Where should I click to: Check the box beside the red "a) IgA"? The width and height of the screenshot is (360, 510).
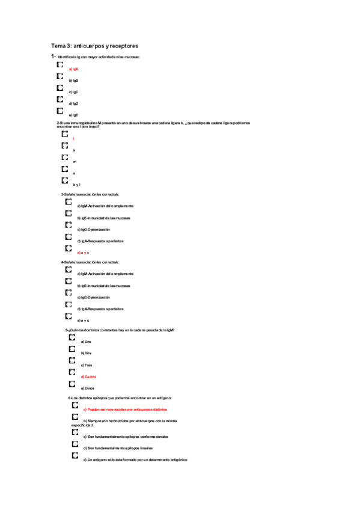point(59,64)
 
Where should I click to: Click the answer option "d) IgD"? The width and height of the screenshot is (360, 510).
point(74,103)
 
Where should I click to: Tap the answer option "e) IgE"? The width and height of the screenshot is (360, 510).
point(74,115)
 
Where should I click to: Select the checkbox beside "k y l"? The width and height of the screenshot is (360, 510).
point(64,180)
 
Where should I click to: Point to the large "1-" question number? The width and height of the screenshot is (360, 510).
point(53,56)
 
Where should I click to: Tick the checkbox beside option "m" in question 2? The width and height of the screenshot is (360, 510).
point(64,157)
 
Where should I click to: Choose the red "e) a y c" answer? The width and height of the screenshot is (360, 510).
point(83,253)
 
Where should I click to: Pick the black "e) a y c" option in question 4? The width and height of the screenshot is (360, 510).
point(83,320)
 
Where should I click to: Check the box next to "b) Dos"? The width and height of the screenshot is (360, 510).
point(73,349)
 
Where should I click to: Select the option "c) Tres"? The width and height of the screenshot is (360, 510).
point(87,365)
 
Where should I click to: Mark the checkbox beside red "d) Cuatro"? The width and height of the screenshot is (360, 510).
point(73,372)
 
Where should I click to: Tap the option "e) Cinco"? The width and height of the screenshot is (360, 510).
point(87,388)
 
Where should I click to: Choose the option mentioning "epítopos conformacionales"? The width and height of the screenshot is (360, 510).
point(126,436)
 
